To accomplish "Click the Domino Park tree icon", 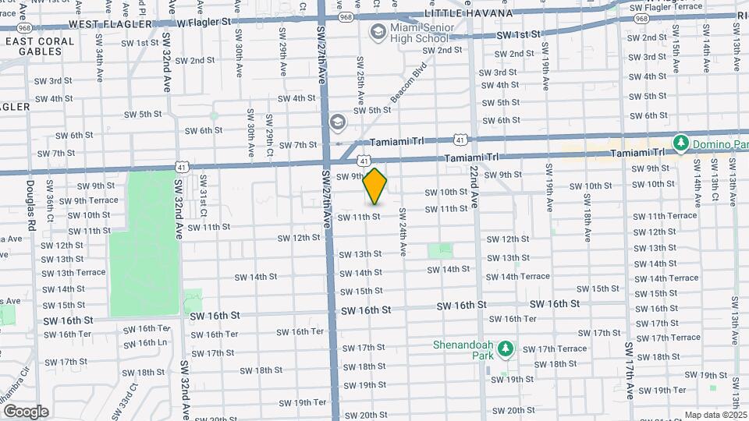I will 682,143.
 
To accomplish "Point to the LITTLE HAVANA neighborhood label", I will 468,14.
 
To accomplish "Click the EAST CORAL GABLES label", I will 31,46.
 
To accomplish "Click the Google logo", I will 25,411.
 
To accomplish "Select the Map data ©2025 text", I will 715,415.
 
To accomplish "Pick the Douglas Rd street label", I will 31,205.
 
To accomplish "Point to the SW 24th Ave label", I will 403,232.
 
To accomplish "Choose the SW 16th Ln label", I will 146,342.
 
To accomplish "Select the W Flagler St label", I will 204,21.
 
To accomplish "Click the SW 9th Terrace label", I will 88,200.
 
